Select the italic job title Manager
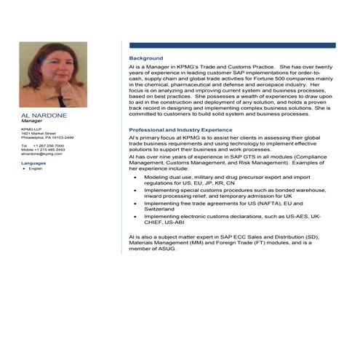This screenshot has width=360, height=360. [x=32, y=121]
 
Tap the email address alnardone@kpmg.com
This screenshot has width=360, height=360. [x=42, y=153]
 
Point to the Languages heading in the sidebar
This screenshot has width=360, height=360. [x=33, y=163]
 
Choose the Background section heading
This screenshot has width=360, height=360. [x=146, y=58]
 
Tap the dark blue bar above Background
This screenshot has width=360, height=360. [x=232, y=45]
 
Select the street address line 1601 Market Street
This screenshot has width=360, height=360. [x=39, y=134]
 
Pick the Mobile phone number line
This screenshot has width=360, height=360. [x=43, y=149]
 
